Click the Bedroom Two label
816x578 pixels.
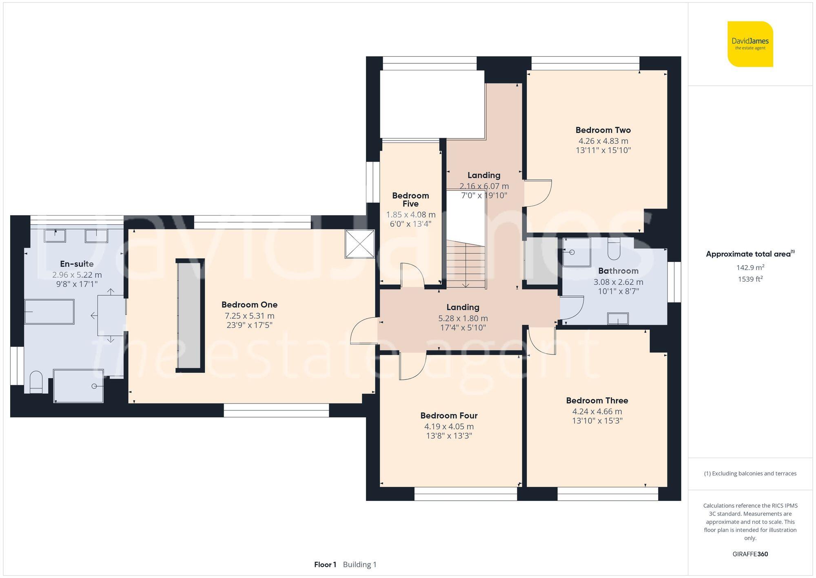603,130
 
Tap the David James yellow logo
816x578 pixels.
750,44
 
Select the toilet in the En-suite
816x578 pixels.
36,382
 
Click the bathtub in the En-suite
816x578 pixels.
49,312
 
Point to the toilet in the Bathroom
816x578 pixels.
614,249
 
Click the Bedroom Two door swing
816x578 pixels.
538,193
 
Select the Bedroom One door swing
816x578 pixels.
364,331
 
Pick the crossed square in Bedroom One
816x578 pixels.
359,244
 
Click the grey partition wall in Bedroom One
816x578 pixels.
190,315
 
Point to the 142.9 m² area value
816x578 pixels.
750,268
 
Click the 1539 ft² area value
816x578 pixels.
750,279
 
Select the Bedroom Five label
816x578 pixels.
410,199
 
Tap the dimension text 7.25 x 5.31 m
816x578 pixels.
249,316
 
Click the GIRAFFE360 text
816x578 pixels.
750,554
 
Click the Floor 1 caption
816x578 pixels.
325,565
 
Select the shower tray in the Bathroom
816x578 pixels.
577,252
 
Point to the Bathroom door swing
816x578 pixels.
572,308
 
